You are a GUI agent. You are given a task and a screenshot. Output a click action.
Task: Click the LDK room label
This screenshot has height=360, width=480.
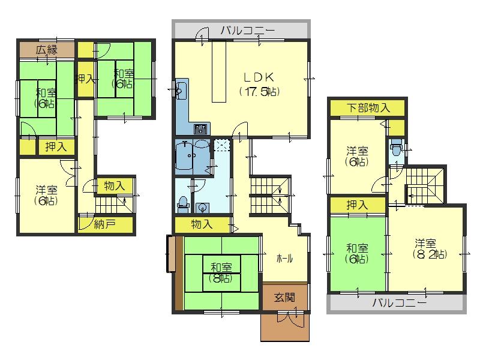point(259,77)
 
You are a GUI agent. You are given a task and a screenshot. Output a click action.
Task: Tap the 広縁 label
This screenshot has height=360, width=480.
point(46,50)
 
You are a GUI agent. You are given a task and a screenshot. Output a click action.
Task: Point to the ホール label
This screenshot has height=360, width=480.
point(284,259)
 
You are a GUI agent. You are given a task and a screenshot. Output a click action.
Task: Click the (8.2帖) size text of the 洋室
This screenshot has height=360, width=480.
point(427,254)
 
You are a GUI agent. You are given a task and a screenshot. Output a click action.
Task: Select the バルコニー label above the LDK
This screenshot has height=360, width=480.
point(247,29)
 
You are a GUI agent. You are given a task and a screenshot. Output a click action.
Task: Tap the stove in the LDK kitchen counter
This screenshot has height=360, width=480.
point(200,129)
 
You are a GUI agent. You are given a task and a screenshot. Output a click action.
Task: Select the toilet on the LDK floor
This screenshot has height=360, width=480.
point(183,205)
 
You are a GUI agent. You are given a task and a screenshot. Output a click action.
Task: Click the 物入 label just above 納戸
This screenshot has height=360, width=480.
point(114,186)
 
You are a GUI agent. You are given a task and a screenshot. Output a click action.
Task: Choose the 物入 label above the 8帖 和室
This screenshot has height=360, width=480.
point(202,224)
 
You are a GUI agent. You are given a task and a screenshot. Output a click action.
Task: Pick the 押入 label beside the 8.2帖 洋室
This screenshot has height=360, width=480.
point(357,205)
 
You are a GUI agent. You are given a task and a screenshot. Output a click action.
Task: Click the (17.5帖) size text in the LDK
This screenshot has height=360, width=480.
point(259,92)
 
